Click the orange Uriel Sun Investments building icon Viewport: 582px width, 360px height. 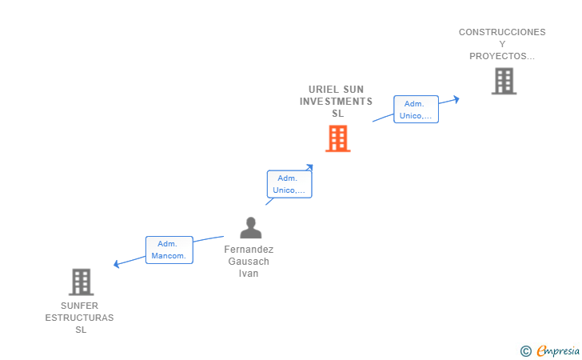pos(337,138)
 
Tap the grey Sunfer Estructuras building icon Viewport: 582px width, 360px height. pos(81,282)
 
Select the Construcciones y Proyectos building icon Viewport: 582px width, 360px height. pos(504,81)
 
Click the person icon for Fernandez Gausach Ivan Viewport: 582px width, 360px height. pos(250,228)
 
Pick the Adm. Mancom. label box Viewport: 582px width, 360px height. pos(169,250)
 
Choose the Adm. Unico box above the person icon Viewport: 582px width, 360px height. pos(289,184)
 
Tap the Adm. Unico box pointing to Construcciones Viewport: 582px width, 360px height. pos(416,110)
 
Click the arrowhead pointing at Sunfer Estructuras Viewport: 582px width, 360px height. pos(118,264)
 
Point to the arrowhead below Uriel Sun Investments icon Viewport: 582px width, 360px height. pos(309,167)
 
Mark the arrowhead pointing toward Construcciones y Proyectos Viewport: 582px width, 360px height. pos(456,99)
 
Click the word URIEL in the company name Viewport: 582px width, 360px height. pos(324,89)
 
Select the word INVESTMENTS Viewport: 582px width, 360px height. pos(336,102)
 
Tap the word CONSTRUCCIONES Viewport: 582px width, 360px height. pos(502,32)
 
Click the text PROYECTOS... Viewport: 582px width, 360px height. pos(501,56)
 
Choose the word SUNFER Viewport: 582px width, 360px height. pos(80,306)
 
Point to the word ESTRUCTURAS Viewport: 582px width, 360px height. pos(80,318)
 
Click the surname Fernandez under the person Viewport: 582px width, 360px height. pos(249,250)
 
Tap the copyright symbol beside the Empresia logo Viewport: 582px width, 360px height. pos(525,350)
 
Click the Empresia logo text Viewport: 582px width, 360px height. pos(558,350)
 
